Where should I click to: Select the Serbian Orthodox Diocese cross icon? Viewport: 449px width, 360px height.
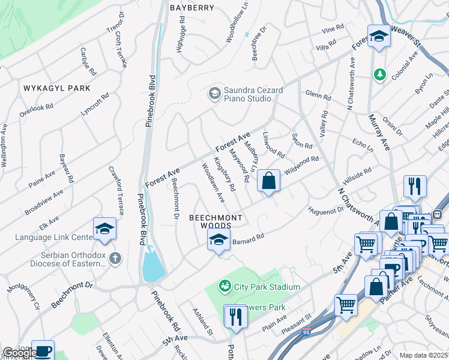(x=115, y=259)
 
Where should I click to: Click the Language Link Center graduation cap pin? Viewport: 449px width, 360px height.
(x=104, y=229)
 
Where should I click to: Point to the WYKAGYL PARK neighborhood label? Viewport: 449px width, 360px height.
(x=57, y=88)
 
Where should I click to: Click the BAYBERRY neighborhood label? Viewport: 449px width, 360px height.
(x=192, y=8)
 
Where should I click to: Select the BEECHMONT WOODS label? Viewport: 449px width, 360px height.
(x=216, y=221)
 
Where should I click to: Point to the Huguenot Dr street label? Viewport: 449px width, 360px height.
(x=325, y=211)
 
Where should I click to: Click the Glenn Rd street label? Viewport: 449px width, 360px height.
(x=318, y=95)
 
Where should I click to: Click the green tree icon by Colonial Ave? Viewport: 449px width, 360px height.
(x=379, y=74)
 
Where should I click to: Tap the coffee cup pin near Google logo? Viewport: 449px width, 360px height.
(x=43, y=350)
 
